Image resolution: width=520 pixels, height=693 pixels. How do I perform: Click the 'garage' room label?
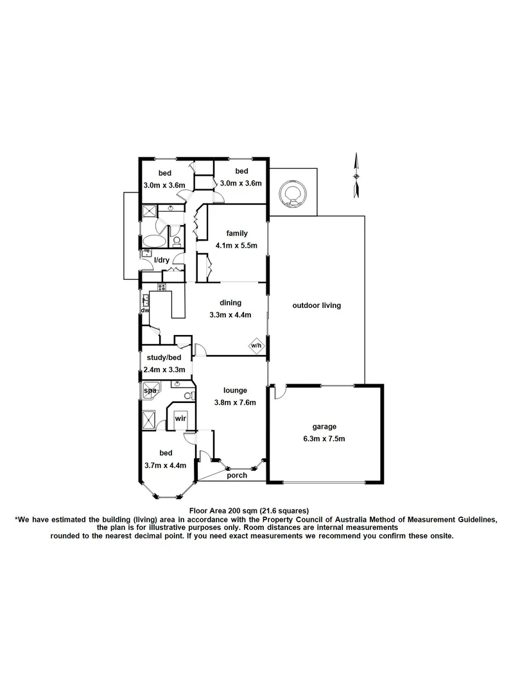coord(324,426)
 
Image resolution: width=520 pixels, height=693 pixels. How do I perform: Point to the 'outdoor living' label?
coord(316,305)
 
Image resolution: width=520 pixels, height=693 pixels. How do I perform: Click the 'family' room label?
coord(238,234)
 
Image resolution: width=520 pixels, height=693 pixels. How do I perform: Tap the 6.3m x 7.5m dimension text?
coord(324,439)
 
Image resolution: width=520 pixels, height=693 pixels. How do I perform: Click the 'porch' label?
coord(237,475)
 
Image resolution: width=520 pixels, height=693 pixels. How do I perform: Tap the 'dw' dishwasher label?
coord(144,311)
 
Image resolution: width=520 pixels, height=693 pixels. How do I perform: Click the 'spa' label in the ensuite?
coord(150,390)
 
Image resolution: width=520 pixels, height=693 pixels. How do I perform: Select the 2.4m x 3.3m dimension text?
coord(166,370)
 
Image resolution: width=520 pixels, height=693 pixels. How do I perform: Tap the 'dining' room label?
coord(230,303)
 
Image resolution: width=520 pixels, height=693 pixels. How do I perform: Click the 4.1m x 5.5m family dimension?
coord(238,246)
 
